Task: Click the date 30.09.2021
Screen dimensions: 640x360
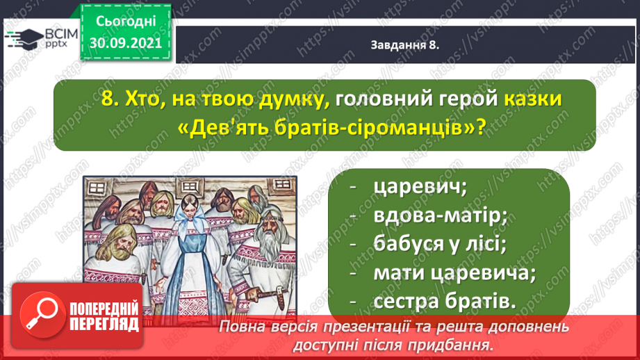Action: pyautogui.click(x=126, y=43)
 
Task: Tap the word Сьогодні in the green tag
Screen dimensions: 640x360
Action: pyautogui.click(x=126, y=22)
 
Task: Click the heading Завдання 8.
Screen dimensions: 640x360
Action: pyautogui.click(x=405, y=45)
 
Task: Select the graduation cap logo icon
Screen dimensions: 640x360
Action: pyautogui.click(x=24, y=38)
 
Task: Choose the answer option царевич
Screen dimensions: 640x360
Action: pyautogui.click(x=420, y=188)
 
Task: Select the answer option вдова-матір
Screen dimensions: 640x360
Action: pyautogui.click(x=441, y=215)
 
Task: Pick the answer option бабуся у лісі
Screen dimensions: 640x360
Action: pyautogui.click(x=440, y=244)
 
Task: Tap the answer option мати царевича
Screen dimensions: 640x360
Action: pyautogui.click(x=454, y=272)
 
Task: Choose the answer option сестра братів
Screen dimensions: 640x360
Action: pyautogui.click(x=445, y=301)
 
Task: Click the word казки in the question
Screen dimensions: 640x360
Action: pyautogui.click(x=533, y=99)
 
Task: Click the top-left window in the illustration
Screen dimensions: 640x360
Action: pyautogui.click(x=97, y=188)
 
